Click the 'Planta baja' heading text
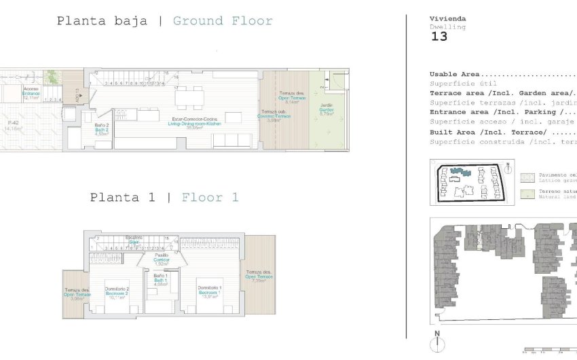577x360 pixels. click(102, 21)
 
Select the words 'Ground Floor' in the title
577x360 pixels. click(223, 21)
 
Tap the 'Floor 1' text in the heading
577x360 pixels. click(210, 198)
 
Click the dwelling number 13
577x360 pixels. click(439, 37)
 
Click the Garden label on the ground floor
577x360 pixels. click(327, 110)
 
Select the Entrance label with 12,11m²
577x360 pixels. click(31, 93)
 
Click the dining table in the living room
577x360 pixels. click(189, 96)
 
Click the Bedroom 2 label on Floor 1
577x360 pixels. click(117, 293)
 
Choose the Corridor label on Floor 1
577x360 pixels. click(162, 259)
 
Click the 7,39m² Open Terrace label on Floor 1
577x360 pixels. click(259, 275)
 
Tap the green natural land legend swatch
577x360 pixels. click(527, 194)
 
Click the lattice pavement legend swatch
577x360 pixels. click(527, 177)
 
